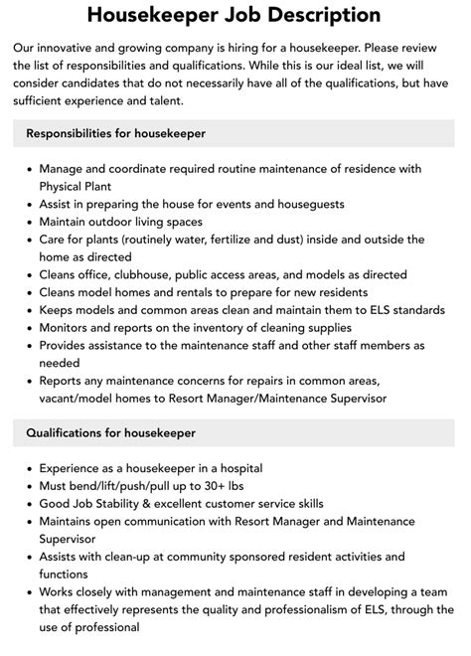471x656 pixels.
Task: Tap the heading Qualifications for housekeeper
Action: [111, 433]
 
